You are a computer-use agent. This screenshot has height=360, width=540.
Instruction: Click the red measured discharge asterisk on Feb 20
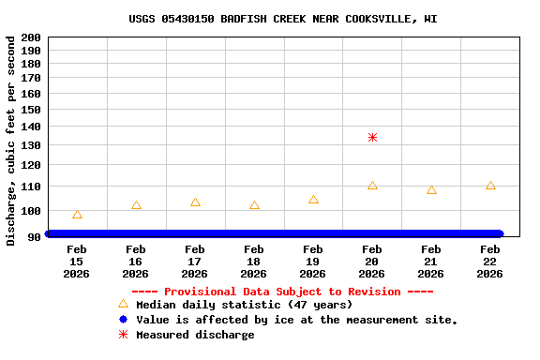[x=372, y=137]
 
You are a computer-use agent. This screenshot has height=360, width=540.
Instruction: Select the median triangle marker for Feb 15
[x=77, y=215]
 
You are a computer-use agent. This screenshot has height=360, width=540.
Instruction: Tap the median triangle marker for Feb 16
[x=136, y=205]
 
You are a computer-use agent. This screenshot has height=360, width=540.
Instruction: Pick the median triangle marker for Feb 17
[x=195, y=202]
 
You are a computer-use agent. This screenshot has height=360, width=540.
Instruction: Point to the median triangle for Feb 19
[x=313, y=200]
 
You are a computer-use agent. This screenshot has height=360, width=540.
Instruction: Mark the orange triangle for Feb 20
[x=372, y=186]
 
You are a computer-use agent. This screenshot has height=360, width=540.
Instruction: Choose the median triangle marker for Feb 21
[x=431, y=190]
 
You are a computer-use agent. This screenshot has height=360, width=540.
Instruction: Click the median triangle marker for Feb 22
[x=490, y=186]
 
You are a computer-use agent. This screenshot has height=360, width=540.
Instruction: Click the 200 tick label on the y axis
[x=30, y=37]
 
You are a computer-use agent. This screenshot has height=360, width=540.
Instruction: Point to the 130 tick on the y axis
[x=30, y=145]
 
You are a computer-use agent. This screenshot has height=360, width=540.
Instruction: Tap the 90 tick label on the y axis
[x=34, y=235]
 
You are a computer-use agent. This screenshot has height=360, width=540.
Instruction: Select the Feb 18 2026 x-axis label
[x=253, y=262]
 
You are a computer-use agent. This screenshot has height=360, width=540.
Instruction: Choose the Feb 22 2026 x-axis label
[x=489, y=262]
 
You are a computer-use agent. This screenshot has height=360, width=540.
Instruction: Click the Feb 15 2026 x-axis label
[x=77, y=262]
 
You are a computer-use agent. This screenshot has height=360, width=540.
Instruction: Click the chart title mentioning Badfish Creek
[x=283, y=19]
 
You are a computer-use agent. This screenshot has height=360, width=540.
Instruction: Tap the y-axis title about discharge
[x=11, y=141]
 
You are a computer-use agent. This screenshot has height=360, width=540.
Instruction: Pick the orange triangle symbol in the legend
[x=123, y=304]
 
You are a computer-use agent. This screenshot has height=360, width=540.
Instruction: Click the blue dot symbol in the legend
[x=123, y=320]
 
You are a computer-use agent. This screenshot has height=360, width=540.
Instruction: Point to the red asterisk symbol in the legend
[x=123, y=335]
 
